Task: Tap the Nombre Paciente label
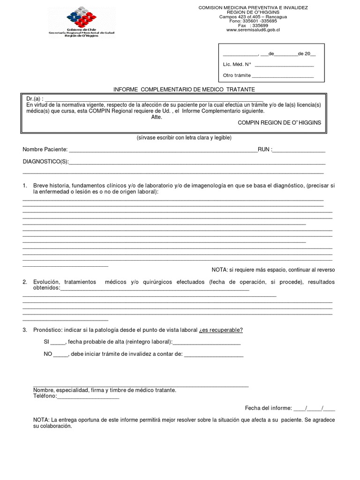pos(45,150)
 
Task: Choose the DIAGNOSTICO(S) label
pos(45,162)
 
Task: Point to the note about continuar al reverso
pos(273,270)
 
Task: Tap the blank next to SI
pos(59,342)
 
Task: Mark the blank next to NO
pos(61,354)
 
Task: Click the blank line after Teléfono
pos(88,396)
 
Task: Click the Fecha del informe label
pos(269,408)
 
